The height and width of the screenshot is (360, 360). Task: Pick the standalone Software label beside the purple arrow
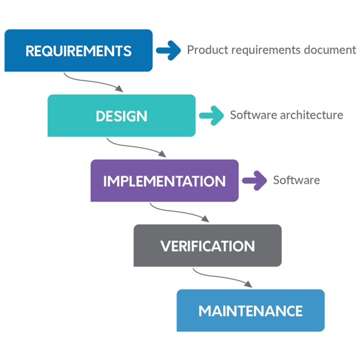click(296, 180)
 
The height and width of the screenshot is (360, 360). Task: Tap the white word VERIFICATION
click(207, 246)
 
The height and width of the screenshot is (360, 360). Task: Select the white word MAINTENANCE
click(251, 311)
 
